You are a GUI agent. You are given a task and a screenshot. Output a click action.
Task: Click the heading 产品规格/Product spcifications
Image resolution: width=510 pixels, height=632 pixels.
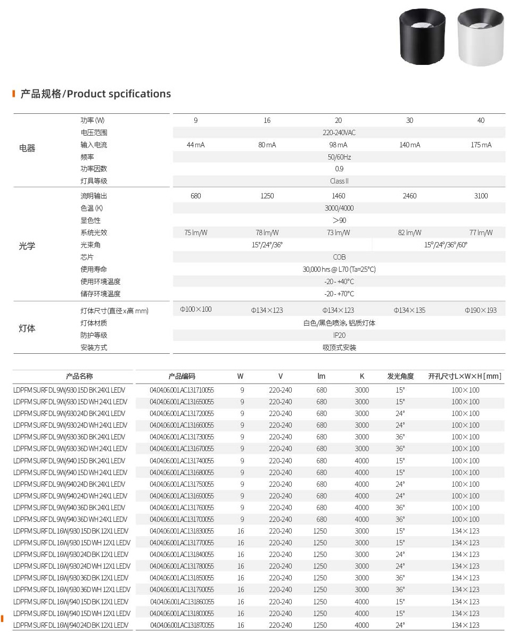coord(95,94)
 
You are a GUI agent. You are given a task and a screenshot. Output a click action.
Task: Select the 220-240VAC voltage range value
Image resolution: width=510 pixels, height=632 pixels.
coord(339,132)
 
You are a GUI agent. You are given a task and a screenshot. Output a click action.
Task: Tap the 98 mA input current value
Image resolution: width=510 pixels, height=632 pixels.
coord(339,145)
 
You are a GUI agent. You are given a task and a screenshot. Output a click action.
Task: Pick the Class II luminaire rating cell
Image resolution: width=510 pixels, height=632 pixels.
coord(339,181)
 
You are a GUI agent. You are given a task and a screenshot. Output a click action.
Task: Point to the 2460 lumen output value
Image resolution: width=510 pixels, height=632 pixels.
coord(409,196)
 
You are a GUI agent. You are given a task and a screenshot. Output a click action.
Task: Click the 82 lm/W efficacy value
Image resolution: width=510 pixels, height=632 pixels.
coord(409,232)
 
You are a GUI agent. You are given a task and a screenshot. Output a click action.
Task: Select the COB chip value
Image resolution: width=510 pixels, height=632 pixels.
coord(339,257)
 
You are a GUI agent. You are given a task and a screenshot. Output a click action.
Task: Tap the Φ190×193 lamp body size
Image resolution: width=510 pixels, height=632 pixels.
coord(480,310)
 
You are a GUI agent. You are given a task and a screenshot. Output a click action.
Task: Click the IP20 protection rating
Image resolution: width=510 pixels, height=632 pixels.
coord(339,335)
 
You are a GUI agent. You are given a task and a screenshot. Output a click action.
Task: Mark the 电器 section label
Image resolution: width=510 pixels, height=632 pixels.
coord(27,148)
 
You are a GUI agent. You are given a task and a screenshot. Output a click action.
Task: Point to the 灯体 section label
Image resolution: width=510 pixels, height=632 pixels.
coord(27,328)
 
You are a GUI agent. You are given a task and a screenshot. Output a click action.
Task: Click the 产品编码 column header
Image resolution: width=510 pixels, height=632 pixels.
coord(182,376)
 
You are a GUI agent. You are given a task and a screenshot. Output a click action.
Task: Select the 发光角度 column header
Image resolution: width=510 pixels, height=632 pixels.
coord(400,376)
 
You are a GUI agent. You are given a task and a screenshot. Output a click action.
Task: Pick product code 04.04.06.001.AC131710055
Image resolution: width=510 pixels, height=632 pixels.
coord(182,390)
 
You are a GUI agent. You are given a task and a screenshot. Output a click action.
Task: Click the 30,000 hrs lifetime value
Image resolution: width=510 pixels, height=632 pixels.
coord(339,269)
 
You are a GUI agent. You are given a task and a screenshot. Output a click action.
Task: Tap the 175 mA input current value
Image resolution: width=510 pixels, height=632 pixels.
coord(481,145)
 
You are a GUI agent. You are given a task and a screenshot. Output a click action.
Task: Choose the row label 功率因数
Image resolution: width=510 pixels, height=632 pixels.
coord(94,169)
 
